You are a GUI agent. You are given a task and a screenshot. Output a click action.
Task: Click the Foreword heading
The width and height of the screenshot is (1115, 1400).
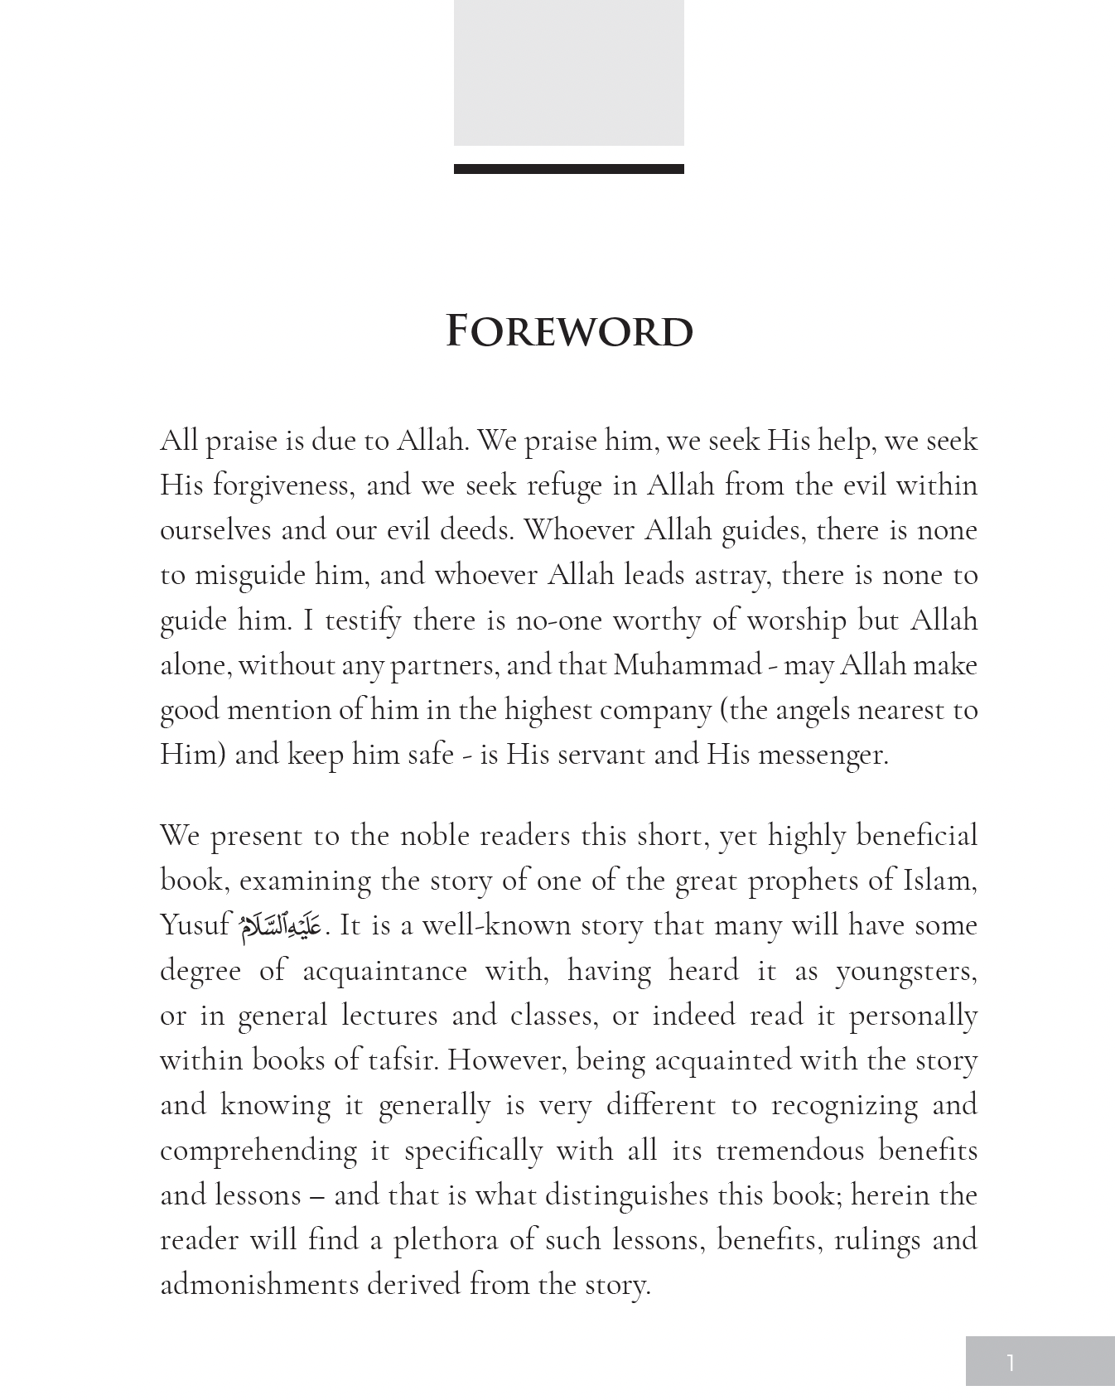click(x=569, y=331)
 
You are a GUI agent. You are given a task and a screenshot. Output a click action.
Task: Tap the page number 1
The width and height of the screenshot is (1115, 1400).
click(x=1010, y=1362)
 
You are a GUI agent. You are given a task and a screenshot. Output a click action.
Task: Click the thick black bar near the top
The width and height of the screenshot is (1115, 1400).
click(x=569, y=169)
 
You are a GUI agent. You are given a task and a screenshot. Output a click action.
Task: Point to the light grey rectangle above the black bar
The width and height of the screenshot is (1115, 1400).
click(x=569, y=73)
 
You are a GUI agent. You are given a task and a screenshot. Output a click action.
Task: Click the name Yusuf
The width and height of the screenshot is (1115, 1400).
click(x=194, y=925)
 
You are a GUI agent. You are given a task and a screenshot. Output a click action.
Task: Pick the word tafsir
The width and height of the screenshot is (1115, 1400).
click(x=402, y=1060)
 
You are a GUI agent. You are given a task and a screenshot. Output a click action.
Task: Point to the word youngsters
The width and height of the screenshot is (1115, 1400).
click(x=905, y=971)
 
